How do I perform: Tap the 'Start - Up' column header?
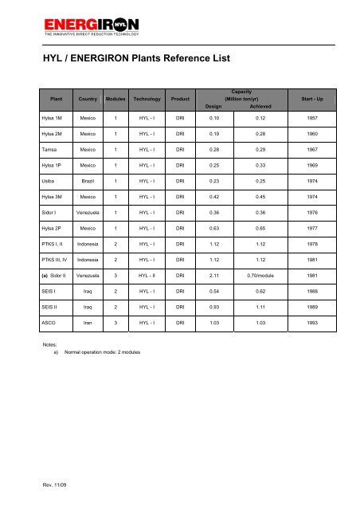[307, 99]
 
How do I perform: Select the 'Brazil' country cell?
[88, 182]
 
